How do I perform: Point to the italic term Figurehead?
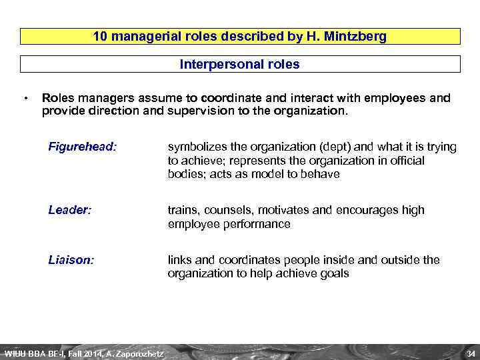(82, 145)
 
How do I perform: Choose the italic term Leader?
(69, 210)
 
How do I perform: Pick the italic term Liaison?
(71, 260)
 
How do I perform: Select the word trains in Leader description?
(183, 211)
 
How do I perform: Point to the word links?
(181, 260)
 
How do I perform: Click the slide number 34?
(470, 353)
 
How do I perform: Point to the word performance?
(257, 224)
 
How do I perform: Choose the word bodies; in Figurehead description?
(187, 174)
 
